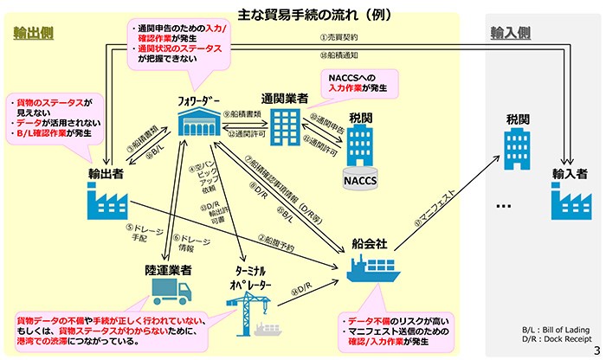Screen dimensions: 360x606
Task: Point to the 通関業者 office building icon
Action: click(285, 128)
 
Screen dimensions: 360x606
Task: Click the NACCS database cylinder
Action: click(359, 180)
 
